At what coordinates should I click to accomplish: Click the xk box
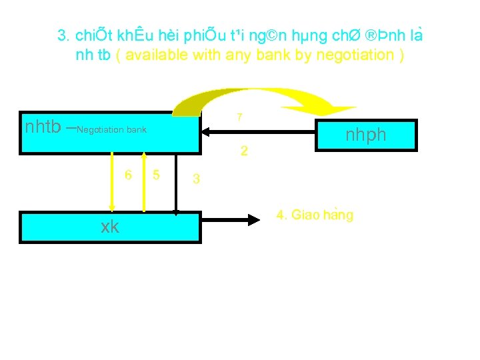click(x=110, y=227)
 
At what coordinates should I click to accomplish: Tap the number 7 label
click(x=239, y=118)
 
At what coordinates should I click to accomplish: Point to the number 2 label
click(x=244, y=152)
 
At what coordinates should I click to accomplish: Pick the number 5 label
click(x=156, y=175)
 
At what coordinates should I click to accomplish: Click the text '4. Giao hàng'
click(x=315, y=215)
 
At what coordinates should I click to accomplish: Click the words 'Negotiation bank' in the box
click(x=112, y=129)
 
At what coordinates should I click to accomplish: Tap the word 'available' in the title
click(x=156, y=55)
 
